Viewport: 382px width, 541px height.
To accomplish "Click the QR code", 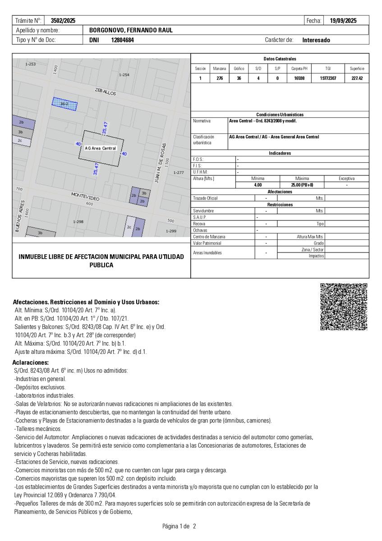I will [x=344, y=307].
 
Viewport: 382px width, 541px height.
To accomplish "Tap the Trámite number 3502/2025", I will [x=63, y=21].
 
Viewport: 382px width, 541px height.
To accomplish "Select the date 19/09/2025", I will [x=343, y=21].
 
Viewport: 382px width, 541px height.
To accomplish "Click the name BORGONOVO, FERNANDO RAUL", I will [x=131, y=30].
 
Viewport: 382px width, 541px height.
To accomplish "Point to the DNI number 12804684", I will [x=122, y=40].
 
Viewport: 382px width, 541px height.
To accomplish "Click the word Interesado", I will [x=316, y=40].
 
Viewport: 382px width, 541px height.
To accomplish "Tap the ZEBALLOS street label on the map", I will [x=106, y=92].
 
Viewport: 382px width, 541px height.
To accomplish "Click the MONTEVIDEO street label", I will [x=85, y=197].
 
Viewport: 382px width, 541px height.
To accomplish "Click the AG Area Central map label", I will [x=100, y=148].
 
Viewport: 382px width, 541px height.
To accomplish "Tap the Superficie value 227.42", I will [x=357, y=78].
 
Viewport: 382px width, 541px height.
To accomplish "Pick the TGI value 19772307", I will [x=328, y=78].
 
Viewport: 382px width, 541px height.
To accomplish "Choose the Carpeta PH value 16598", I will [x=299, y=78].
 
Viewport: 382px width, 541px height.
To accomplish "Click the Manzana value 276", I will [x=220, y=78].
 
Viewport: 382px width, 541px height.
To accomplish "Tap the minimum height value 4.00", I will [x=258, y=185].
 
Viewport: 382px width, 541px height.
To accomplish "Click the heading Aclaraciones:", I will [x=31, y=362].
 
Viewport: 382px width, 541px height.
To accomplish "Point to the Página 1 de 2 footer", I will [x=179, y=526].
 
